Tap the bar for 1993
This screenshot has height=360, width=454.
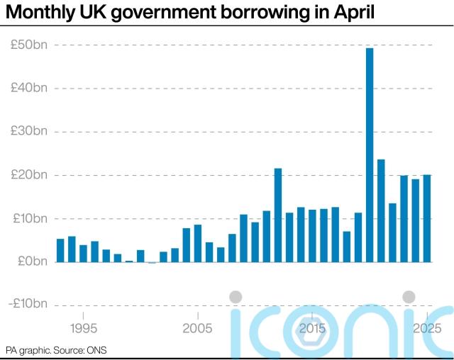[x=60, y=250]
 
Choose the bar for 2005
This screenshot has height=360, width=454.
[x=198, y=243]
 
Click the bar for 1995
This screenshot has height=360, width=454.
[x=83, y=253]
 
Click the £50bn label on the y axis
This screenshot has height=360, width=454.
[x=29, y=45]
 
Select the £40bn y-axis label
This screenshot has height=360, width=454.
[x=29, y=88]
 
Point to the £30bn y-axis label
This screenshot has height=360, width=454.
[x=29, y=131]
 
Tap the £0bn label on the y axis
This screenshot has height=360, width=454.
[x=31, y=261]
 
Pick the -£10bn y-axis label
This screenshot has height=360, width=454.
[x=27, y=304]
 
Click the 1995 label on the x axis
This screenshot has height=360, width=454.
[x=84, y=329]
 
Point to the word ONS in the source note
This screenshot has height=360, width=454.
[x=97, y=351]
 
